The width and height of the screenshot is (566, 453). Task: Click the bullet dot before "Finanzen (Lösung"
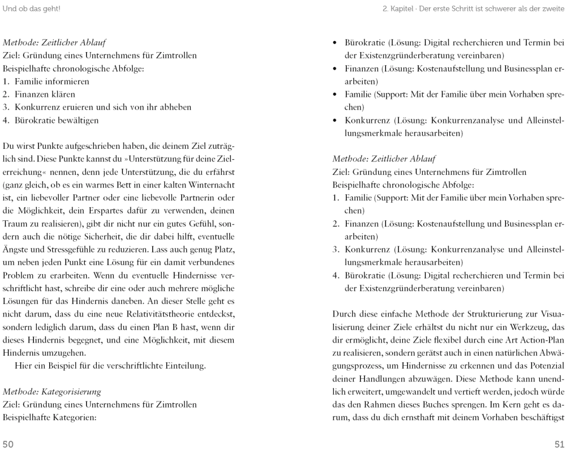pyautogui.click(x=336, y=69)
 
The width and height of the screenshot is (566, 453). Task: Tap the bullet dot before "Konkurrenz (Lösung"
pyautogui.click(x=336, y=121)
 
